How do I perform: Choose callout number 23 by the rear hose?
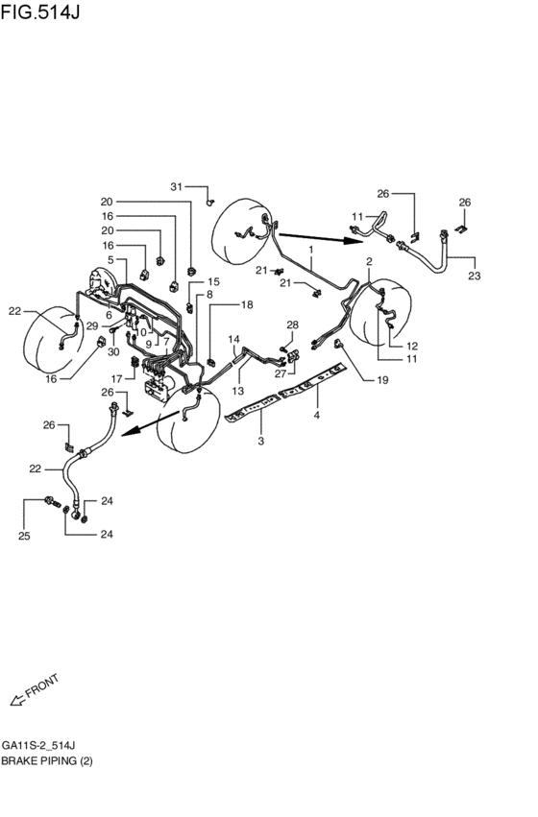tap(472, 277)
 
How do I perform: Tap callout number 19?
tap(381, 380)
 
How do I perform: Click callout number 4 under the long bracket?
tap(318, 416)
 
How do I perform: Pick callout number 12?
tap(411, 346)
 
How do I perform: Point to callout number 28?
tap(293, 325)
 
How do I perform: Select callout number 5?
tap(111, 260)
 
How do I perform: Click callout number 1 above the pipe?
tap(312, 250)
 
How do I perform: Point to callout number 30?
tap(112, 351)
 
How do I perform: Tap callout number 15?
tap(213, 281)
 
